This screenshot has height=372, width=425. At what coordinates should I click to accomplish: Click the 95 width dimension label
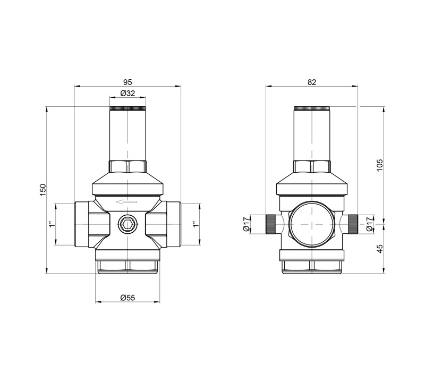point(127,82)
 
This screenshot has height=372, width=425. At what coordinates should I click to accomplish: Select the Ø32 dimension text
point(127,94)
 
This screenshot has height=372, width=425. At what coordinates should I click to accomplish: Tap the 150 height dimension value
point(43,190)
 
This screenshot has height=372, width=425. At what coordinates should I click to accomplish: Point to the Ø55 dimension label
point(127,298)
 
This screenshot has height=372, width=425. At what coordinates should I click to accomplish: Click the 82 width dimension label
point(312,82)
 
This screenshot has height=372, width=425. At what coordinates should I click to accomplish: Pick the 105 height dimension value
point(380,165)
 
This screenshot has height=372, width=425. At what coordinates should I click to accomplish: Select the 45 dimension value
point(380,249)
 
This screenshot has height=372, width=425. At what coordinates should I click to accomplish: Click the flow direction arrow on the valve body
point(126,202)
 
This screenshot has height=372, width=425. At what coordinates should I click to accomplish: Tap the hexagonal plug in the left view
point(127,224)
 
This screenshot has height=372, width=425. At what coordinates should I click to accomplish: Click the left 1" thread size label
point(52,224)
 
